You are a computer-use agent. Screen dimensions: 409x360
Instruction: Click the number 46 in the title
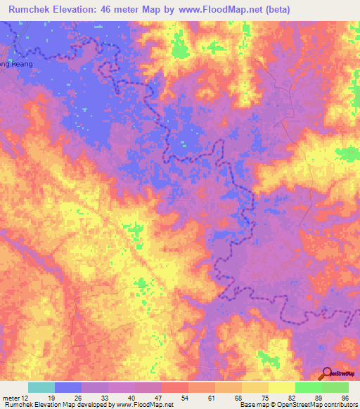(x=112, y=10)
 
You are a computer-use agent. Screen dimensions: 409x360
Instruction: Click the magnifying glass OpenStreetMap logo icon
(x=326, y=374)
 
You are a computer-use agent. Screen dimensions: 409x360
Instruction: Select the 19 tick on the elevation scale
(x=50, y=398)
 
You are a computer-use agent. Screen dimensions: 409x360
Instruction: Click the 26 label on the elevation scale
(x=77, y=398)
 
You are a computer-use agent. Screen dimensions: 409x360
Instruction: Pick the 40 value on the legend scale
(x=131, y=398)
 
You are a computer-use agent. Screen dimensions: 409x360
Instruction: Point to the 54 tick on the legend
(x=184, y=398)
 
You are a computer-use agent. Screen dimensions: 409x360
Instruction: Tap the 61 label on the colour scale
(x=211, y=398)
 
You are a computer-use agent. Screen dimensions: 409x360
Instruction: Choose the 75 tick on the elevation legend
(x=264, y=398)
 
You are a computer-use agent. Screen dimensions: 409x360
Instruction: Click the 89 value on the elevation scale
(x=318, y=398)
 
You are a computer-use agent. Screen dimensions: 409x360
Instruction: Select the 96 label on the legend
(x=345, y=398)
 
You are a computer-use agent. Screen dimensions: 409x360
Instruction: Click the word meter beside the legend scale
(x=10, y=398)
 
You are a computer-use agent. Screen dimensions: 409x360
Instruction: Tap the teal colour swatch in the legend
(x=41, y=387)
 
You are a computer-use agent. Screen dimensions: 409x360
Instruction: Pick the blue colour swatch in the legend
(x=68, y=387)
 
